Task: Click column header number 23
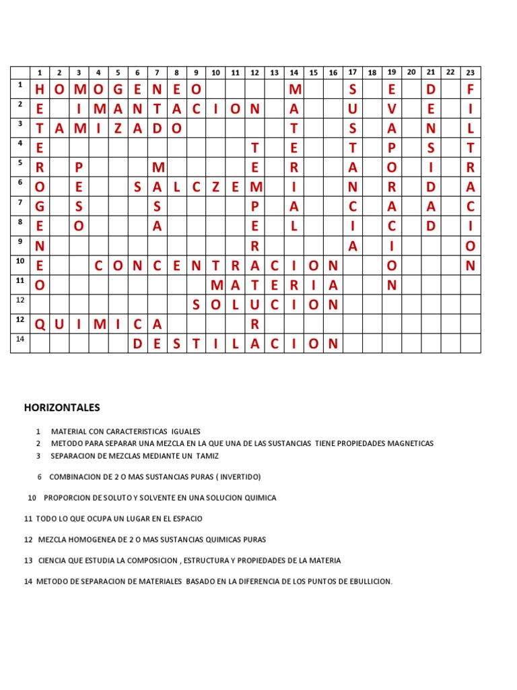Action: pos(470,73)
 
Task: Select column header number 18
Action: pos(372,72)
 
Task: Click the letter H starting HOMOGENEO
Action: pos(40,90)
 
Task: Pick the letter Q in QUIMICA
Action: pos(40,325)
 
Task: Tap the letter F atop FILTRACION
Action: pos(471,90)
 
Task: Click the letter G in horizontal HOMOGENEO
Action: pos(118,90)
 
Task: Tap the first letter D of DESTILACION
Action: pos(138,344)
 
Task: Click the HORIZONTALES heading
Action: pos(62,408)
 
